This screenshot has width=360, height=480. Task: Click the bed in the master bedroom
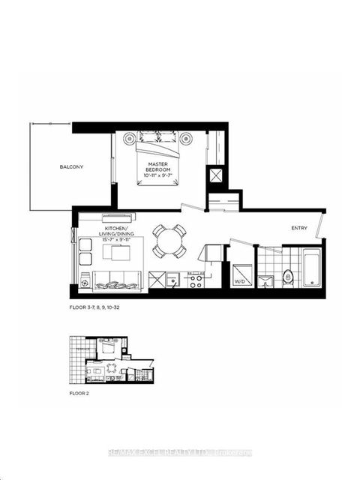[x=158, y=154]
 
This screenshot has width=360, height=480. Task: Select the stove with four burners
[x=195, y=281]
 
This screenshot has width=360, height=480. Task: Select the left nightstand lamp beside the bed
[x=129, y=139]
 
